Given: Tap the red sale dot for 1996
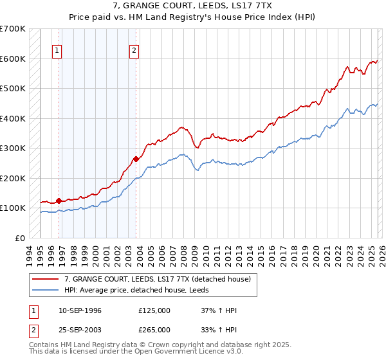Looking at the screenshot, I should point(59,201).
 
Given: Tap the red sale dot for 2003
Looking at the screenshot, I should point(136,159).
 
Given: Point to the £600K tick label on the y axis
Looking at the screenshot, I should point(13,59).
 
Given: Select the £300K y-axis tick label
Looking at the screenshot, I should point(13,148).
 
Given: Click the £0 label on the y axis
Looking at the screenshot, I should point(20,238).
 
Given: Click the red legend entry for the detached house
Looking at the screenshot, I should point(161,278).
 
